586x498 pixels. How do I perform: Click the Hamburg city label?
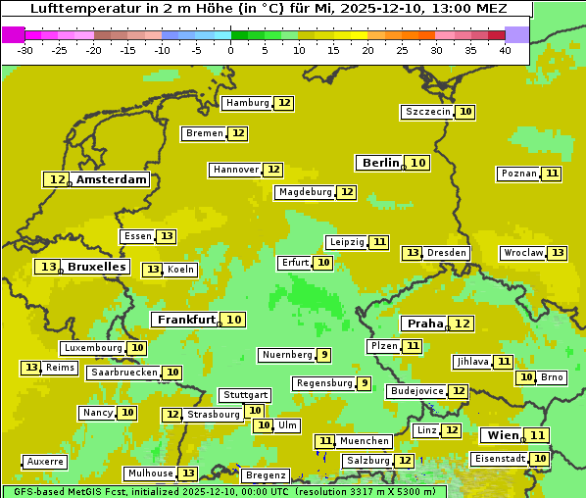[247, 103]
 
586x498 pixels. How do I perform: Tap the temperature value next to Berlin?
[418, 163]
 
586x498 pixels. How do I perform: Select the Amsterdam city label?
[111, 179]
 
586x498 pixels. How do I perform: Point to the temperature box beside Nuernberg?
[323, 355]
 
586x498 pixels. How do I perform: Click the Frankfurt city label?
[186, 320]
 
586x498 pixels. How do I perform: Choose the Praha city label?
[425, 324]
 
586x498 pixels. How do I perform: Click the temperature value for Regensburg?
[364, 383]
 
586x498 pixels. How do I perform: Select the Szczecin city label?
[427, 112]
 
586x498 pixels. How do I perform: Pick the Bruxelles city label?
[96, 267]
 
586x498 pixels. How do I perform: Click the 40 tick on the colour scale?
[504, 50]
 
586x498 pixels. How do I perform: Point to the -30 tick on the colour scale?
[25, 50]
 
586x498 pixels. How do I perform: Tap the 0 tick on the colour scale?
[230, 50]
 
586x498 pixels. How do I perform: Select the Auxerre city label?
[45, 461]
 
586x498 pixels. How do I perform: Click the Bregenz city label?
[265, 475]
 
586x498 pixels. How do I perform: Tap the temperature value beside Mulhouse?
[188, 473]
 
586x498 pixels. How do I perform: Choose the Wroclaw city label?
[522, 253]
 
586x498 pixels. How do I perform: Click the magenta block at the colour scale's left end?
[13, 34]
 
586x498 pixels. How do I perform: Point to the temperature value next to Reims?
[32, 368]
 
